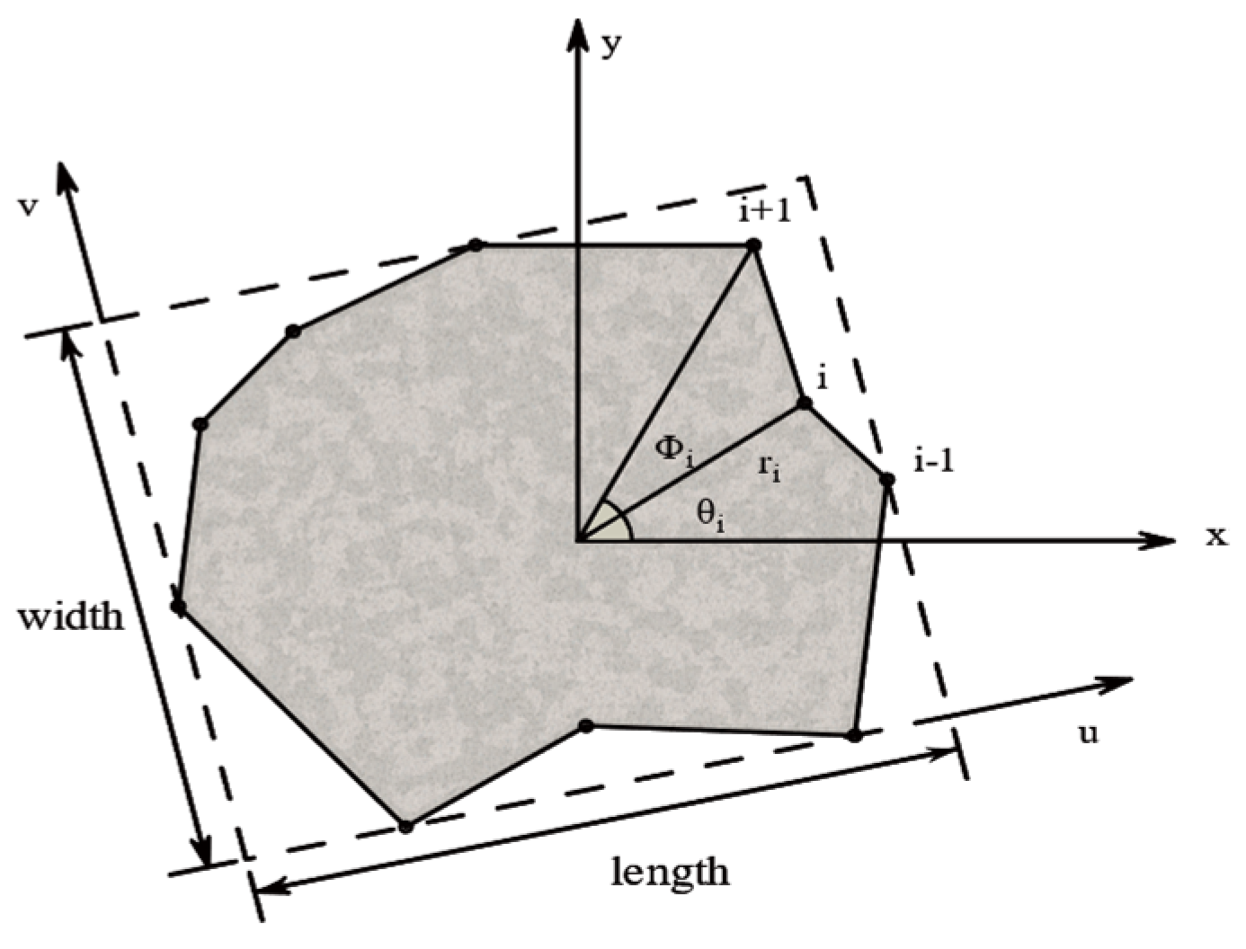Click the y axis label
(610, 44)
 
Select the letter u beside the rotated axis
(1088, 733)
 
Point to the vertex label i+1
(763, 212)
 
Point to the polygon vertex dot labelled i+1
(754, 244)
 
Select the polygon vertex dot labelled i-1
(887, 479)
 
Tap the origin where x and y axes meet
(576, 541)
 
